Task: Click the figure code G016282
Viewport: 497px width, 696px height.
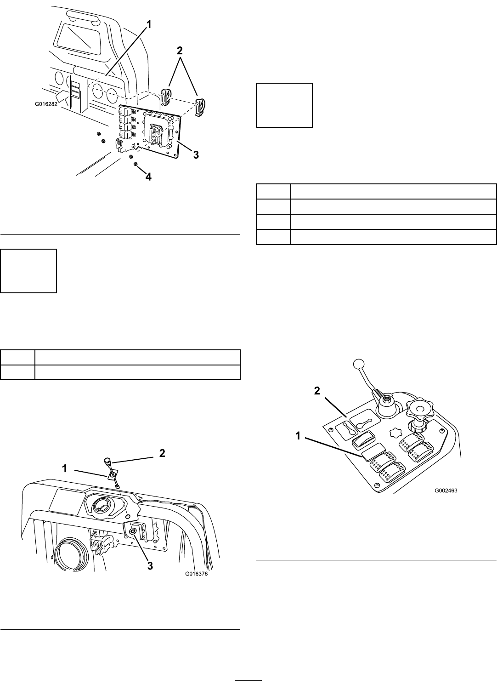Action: pos(49,104)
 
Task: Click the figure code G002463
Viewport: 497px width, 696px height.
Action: pos(446,490)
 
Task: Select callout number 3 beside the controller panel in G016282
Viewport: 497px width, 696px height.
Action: pos(196,155)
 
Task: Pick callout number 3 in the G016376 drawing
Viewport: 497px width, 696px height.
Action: pos(149,566)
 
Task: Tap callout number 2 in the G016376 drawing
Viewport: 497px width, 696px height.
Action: pos(162,453)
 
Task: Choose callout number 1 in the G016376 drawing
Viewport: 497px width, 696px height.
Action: pos(65,468)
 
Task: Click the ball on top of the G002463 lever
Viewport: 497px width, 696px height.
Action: pos(358,364)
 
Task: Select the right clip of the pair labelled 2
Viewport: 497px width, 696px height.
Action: pos(200,107)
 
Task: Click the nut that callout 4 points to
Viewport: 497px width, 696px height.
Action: pos(136,164)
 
